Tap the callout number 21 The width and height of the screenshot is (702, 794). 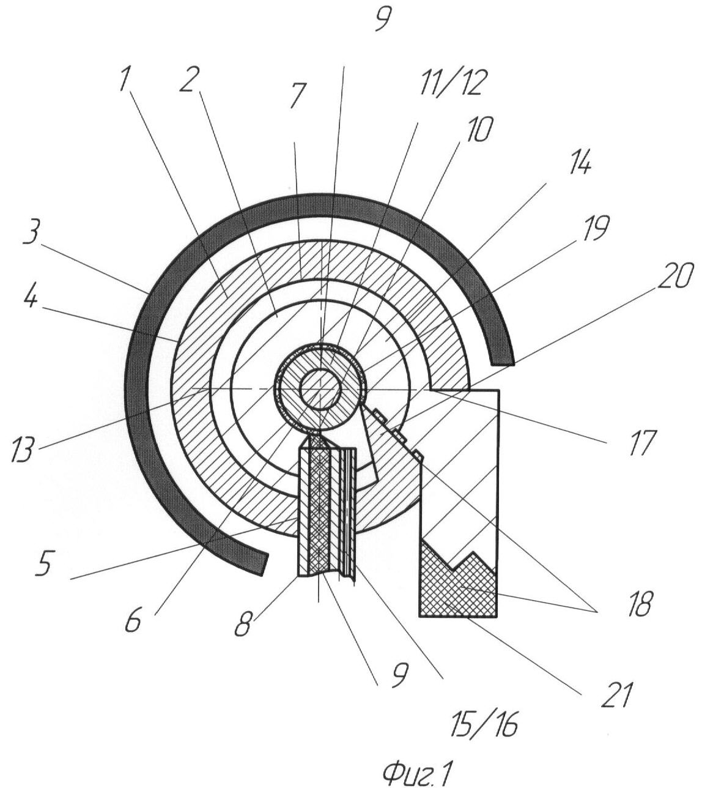coord(617,696)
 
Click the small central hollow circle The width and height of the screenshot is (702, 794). coord(320,389)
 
